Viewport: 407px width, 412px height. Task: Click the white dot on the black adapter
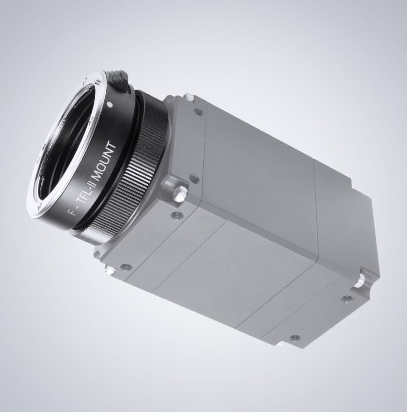(x=109, y=104)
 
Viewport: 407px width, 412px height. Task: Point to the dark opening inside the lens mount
(x=64, y=150)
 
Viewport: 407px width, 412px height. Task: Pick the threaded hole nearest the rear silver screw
(x=347, y=299)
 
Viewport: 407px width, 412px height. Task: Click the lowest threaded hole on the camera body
(x=295, y=338)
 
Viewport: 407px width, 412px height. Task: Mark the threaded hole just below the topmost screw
(x=198, y=111)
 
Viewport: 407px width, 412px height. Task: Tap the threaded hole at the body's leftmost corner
(x=126, y=267)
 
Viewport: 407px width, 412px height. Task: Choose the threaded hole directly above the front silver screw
(x=194, y=178)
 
